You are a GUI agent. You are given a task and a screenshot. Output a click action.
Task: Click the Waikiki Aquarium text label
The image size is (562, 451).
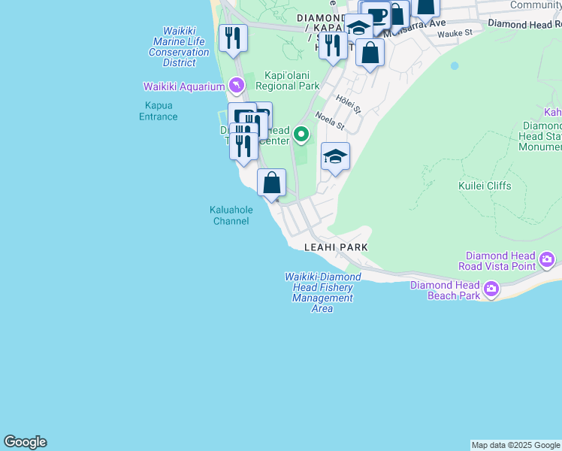[184, 86]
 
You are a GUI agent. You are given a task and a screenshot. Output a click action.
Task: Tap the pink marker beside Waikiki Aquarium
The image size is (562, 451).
[237, 85]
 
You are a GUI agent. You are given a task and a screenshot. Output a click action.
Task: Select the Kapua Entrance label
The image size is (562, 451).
[159, 111]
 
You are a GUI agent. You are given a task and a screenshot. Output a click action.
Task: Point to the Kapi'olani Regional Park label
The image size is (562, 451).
[287, 80]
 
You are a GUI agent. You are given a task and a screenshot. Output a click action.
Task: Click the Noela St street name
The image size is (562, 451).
[329, 120]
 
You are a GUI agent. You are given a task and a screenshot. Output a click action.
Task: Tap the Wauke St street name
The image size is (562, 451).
[454, 33]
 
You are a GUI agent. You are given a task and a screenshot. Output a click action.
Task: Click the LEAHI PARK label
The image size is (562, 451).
[336, 247]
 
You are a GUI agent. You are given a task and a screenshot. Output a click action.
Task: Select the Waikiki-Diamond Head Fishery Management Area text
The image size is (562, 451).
[323, 292]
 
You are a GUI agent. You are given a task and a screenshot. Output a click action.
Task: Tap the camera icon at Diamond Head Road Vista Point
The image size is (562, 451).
[547, 261]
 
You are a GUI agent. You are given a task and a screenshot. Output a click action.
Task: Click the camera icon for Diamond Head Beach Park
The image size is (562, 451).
[491, 288]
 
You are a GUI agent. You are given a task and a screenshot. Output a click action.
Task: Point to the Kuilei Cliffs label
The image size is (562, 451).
[485, 186]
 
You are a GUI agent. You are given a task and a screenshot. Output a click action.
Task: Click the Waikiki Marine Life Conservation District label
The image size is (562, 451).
[179, 47]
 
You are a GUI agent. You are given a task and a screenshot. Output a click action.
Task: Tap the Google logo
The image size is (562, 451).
[25, 442]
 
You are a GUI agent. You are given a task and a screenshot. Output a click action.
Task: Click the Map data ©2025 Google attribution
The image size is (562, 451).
[515, 445]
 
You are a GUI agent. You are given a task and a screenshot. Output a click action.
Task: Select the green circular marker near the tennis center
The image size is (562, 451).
[301, 135]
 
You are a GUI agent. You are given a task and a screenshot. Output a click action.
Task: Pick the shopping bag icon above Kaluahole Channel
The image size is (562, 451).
[271, 182]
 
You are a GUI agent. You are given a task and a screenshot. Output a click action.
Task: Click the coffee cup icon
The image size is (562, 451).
[378, 15]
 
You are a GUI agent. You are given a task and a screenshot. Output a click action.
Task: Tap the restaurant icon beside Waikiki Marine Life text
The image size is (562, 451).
[233, 37]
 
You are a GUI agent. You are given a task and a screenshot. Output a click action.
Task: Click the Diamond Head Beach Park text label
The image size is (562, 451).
[445, 290]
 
